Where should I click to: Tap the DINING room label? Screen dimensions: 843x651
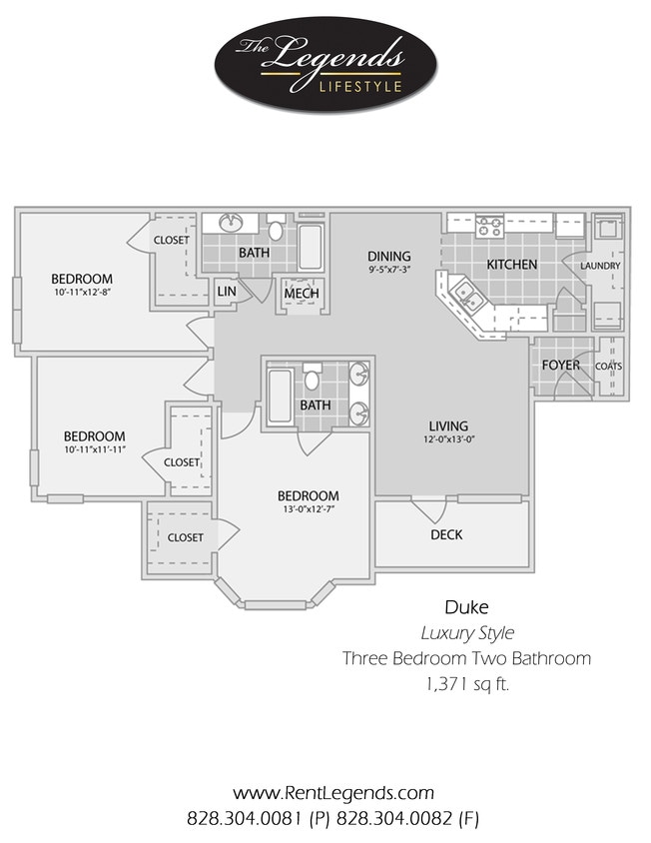388,257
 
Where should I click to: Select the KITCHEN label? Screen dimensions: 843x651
511,265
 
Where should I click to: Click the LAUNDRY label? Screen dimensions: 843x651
600,266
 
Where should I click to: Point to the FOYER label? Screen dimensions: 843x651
560,366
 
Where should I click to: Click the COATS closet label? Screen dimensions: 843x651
608,367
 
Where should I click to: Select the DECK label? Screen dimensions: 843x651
446,535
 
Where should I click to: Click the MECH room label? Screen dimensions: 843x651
301,294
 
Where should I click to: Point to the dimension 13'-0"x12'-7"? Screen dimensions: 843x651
308,510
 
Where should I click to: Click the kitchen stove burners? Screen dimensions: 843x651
488,226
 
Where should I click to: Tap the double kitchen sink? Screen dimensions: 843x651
465,295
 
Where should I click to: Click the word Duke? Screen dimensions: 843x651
465,606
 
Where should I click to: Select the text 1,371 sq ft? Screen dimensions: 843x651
466,684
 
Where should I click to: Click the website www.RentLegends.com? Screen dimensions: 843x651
332,793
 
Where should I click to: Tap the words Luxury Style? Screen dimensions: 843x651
466,632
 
